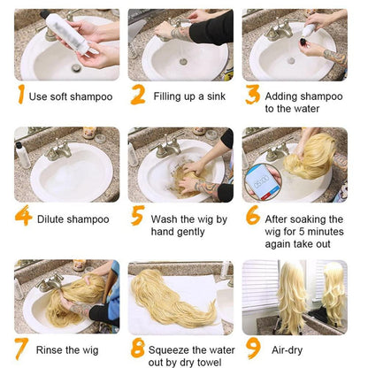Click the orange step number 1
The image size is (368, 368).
click(x=20, y=95)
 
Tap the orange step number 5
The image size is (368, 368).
click(x=138, y=215)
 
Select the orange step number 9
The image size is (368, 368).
click(x=254, y=349)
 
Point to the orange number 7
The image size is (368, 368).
click(x=21, y=349)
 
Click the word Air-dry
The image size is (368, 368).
click(x=287, y=350)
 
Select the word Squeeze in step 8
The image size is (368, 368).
click(x=168, y=350)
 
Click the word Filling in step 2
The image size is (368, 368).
click(x=167, y=96)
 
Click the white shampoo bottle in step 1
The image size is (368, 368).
click(x=67, y=33)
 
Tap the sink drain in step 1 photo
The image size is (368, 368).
click(x=76, y=68)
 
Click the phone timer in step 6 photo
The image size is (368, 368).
click(x=262, y=182)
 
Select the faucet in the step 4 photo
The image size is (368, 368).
click(x=59, y=149)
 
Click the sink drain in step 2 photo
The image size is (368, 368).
click(x=183, y=62)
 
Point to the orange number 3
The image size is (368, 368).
click(x=252, y=95)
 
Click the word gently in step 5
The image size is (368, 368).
click(x=190, y=232)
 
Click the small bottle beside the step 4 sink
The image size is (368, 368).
click(x=22, y=154)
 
